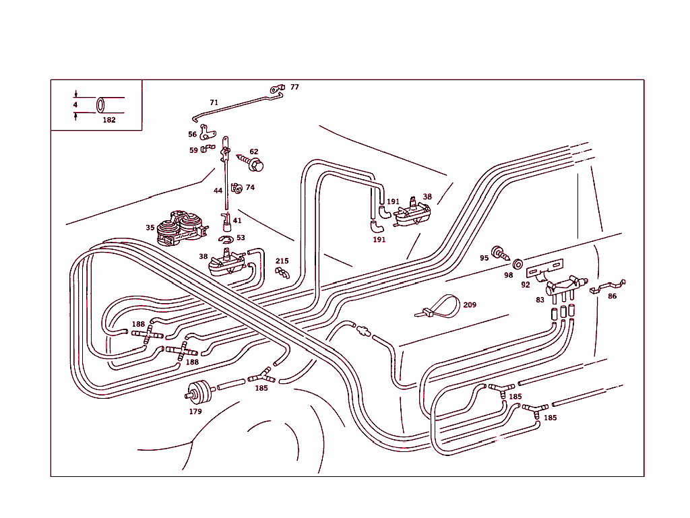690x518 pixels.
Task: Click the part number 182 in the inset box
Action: (109, 120)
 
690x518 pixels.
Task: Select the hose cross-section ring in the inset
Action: (101, 106)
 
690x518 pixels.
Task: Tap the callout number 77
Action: (294, 88)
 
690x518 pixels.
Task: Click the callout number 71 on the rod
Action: (214, 103)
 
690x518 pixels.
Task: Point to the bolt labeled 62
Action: (255, 164)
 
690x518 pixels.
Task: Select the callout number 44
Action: (218, 191)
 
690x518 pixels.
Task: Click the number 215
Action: (282, 261)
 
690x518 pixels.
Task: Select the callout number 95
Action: (484, 258)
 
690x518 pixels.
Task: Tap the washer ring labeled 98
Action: (517, 263)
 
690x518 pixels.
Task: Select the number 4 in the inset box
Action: (75, 105)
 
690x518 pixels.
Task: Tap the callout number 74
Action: (250, 188)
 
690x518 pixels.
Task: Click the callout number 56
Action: (193, 135)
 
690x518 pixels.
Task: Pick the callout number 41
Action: (237, 220)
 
